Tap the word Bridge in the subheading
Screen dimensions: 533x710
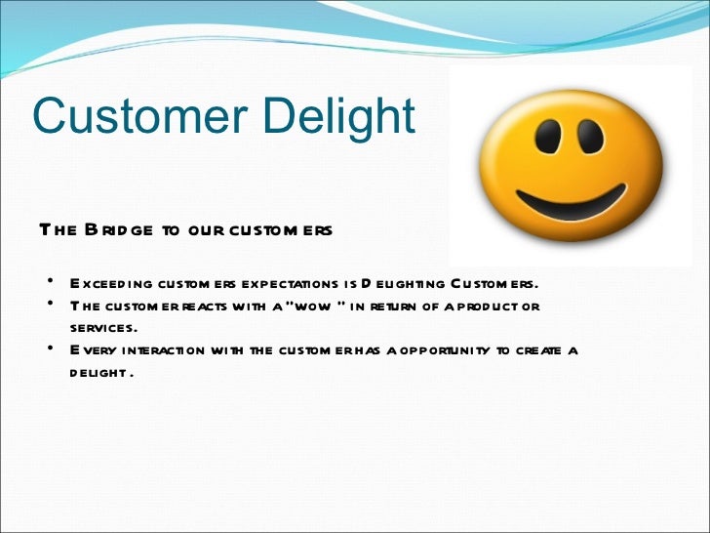click(118, 230)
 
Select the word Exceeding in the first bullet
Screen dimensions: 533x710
click(110, 284)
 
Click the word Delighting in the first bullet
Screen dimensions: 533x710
click(402, 284)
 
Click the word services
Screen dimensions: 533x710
click(103, 328)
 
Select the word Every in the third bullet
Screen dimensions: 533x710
click(92, 350)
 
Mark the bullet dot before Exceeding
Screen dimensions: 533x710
click(49, 283)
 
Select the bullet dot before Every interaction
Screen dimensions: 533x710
click(49, 348)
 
